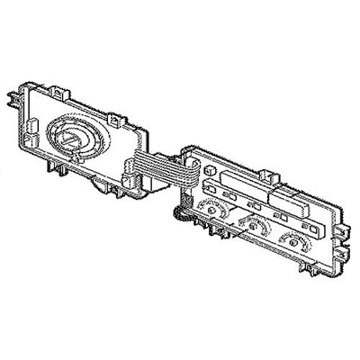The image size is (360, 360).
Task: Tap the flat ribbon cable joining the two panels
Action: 158,168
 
